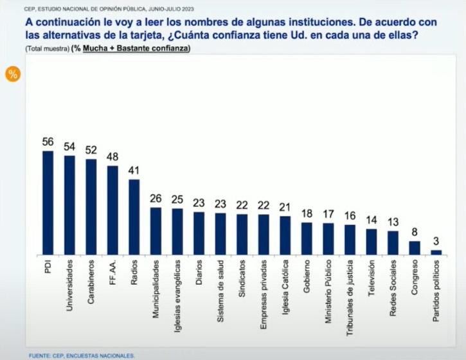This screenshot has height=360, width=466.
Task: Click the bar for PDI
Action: point(48,203)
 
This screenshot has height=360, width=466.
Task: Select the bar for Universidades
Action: point(69,205)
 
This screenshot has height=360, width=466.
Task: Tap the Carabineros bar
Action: point(91,206)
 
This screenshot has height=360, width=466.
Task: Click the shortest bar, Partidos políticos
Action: point(436,253)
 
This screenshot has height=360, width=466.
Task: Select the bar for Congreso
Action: point(415,248)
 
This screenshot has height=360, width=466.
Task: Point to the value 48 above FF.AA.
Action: point(112,157)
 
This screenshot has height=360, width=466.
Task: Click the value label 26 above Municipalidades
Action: point(156,199)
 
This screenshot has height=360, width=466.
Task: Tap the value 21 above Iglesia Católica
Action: point(285,208)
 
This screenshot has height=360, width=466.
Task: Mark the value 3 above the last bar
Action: point(436,242)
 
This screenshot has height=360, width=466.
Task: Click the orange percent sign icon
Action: point(12,73)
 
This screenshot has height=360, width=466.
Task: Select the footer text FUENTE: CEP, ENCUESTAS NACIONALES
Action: point(82,355)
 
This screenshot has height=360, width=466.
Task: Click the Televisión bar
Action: point(372,242)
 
